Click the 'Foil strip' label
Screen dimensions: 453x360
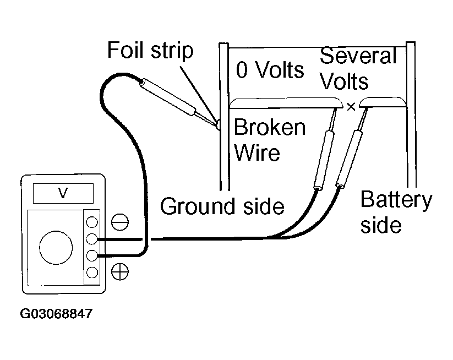(150, 50)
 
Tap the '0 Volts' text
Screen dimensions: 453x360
(270, 70)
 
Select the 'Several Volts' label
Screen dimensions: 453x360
(358, 68)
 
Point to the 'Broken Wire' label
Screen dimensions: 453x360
(270, 140)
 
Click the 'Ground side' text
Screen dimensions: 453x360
(222, 206)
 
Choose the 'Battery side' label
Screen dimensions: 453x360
(396, 212)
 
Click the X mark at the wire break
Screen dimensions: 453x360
(351, 107)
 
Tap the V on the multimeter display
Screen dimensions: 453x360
(63, 193)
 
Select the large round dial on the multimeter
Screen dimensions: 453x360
(56, 248)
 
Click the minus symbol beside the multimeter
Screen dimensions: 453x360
(120, 222)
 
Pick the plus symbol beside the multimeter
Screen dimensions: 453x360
(120, 271)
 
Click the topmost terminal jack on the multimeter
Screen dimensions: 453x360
(92, 222)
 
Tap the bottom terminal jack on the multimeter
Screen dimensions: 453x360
(92, 272)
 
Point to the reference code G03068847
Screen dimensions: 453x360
(56, 313)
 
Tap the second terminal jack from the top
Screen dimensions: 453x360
(92, 239)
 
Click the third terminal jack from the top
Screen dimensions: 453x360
(92, 256)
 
